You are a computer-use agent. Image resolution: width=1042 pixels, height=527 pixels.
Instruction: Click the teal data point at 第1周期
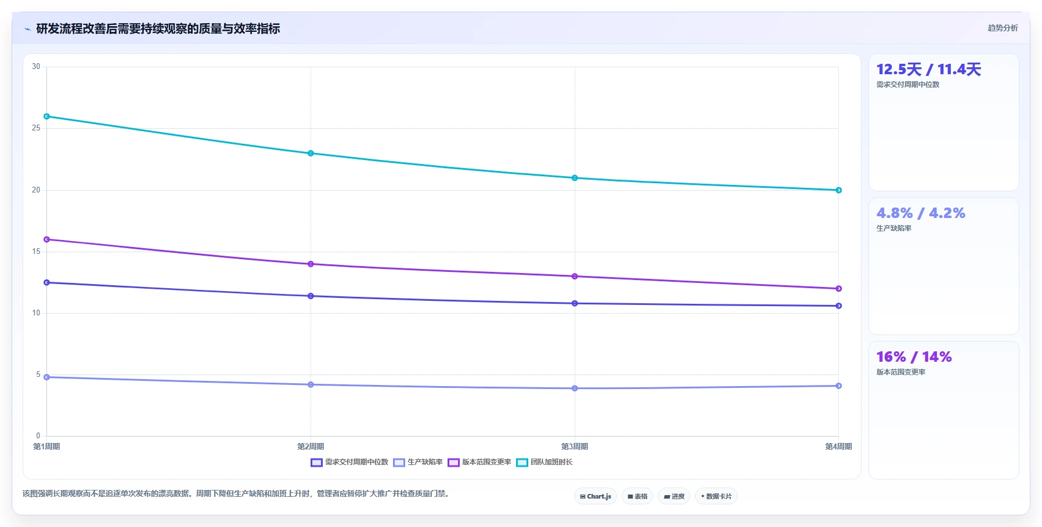pos(47,117)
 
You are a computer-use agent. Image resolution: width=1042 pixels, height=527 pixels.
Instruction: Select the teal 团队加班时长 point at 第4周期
pos(839,190)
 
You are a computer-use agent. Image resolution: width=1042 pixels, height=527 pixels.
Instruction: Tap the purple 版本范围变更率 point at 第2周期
pos(311,264)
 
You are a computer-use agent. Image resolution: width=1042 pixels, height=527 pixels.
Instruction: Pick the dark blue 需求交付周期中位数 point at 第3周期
pos(575,303)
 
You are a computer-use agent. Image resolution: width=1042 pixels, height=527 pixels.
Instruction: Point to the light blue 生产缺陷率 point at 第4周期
pos(839,386)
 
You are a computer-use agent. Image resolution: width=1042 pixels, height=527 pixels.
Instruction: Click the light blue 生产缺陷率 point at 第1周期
pos(47,377)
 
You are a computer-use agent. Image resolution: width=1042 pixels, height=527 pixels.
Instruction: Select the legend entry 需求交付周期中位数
pos(349,462)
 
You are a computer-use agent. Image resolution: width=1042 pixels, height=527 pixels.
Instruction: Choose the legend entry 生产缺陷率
pos(418,462)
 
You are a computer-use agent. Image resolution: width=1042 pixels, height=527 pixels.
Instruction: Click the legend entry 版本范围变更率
pos(479,462)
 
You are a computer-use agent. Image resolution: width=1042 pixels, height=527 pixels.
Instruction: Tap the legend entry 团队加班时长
pos(545,462)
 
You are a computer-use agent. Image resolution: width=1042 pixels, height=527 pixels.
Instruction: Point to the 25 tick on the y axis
pos(36,128)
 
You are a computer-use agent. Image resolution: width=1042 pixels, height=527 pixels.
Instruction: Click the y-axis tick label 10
pos(36,313)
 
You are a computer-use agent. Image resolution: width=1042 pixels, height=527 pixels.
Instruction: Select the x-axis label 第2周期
pos(311,446)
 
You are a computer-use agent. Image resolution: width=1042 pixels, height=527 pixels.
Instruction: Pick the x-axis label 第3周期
pos(575,446)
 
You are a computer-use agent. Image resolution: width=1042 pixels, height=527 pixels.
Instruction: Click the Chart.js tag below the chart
pos(596,496)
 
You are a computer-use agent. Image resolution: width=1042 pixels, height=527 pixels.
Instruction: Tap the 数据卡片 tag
pos(716,496)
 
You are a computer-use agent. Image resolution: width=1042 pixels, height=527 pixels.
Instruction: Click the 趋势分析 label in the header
pos(1003,28)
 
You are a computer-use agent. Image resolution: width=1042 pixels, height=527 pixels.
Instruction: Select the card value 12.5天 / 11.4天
pos(929,70)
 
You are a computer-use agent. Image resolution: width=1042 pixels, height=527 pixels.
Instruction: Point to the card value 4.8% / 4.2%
pos(921,213)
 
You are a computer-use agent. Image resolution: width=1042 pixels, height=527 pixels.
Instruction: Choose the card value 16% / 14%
pos(914,357)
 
